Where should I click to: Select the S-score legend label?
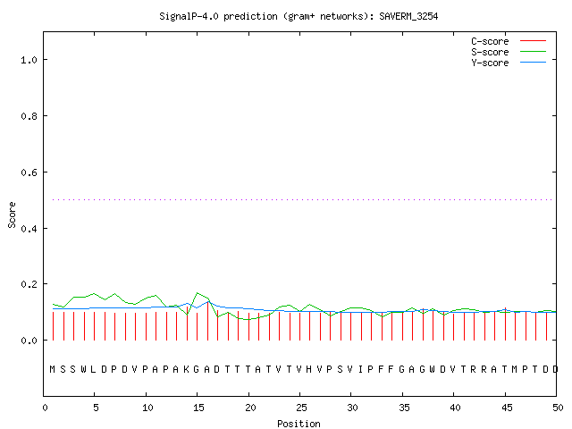pos(490,52)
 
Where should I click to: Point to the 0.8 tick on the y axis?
pos(29,116)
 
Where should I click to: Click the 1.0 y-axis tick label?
pos(29,60)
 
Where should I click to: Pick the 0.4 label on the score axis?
pos(29,229)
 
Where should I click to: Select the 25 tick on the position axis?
pos(301,408)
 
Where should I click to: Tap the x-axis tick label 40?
pos(455,408)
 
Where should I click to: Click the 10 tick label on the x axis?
pos(147,408)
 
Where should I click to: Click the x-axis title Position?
pos(299,424)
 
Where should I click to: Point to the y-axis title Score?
pos(12,214)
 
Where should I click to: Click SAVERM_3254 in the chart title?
pos(408,16)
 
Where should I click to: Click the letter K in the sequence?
pos(186,369)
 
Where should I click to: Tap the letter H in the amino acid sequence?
pos(309,369)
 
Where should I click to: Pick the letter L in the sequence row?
pos(93,369)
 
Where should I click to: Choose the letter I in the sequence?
pos(360,369)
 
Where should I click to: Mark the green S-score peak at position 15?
pos(197,292)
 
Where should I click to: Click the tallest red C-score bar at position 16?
pos(207,321)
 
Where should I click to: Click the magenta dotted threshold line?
pos(302,199)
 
